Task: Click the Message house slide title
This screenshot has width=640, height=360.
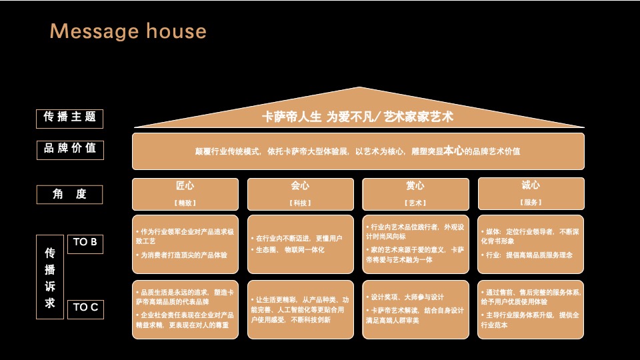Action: coord(128,31)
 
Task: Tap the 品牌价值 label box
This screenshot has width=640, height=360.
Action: coord(69,149)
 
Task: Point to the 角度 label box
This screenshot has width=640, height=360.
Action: coord(69,195)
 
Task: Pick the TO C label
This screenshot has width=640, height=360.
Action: coord(85,308)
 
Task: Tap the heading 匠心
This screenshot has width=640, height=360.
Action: coord(185,186)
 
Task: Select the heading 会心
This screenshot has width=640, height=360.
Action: coord(300,186)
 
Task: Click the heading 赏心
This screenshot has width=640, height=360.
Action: coord(415,186)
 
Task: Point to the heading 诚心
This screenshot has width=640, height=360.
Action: coord(531,185)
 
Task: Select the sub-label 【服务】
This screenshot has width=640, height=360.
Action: coord(531,202)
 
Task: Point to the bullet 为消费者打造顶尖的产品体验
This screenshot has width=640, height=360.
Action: coord(183,255)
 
